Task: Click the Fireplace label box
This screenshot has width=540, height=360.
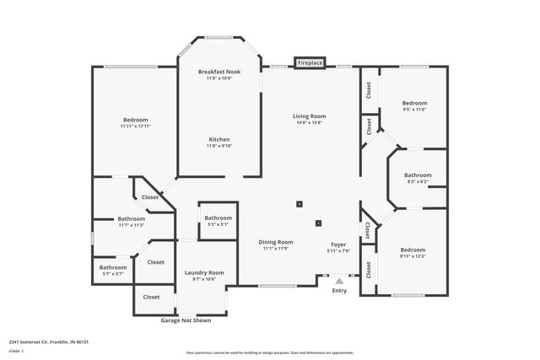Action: click(310, 63)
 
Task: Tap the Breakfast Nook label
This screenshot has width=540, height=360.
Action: click(219, 73)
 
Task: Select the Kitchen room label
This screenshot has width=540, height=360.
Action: click(219, 139)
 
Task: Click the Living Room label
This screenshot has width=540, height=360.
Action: click(310, 116)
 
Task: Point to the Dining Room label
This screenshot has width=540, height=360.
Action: click(275, 242)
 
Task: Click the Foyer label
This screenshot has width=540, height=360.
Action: click(338, 242)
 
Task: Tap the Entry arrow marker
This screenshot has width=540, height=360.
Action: click(339, 281)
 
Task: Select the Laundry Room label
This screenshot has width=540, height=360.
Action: click(204, 272)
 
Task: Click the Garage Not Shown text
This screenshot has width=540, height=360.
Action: click(186, 320)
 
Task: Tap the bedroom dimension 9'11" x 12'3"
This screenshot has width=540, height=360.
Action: click(413, 256)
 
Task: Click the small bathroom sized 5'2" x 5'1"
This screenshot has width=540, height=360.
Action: click(218, 224)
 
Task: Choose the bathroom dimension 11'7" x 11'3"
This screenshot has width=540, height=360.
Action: click(132, 225)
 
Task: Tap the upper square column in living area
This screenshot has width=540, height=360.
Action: click(300, 203)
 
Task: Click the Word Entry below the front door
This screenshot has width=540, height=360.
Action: click(339, 291)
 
